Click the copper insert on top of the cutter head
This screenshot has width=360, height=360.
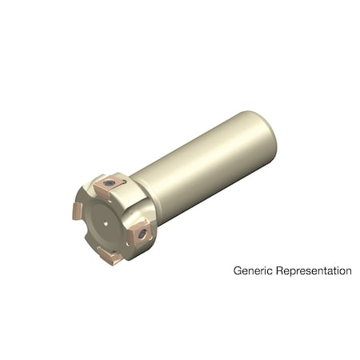click(x=108, y=188)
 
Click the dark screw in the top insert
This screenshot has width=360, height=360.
click(x=110, y=186)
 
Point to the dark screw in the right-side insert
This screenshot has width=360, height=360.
click(x=142, y=234)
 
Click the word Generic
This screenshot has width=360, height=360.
click(x=252, y=271)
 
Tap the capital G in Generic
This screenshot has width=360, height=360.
click(x=238, y=271)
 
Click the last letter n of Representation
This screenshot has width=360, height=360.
click(x=348, y=272)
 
